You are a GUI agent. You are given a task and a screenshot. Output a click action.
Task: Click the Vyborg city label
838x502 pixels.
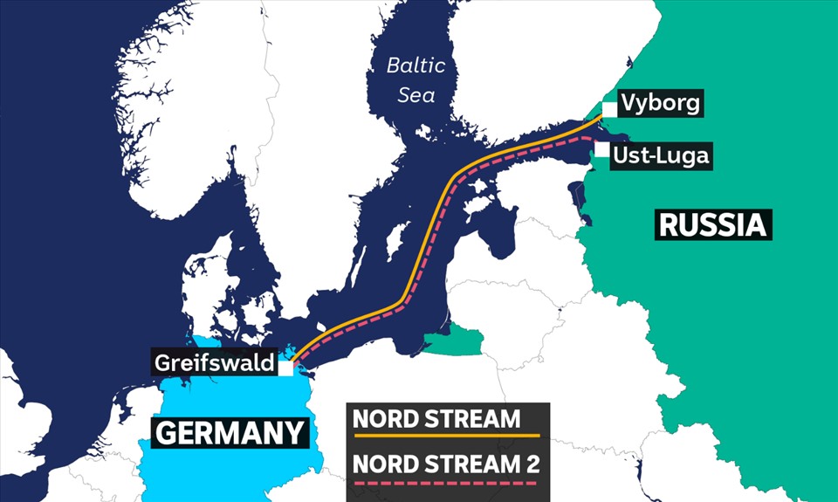[x=660, y=104]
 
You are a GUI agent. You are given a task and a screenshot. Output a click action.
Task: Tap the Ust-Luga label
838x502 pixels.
[x=660, y=156]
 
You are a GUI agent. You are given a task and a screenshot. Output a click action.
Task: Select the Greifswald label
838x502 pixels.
[x=215, y=361]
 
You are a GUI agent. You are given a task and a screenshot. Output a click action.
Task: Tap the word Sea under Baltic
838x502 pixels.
[x=416, y=94]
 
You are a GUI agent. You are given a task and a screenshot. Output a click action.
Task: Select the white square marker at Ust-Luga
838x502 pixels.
[x=602, y=150]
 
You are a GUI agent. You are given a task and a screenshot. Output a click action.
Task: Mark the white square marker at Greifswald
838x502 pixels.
[x=285, y=368]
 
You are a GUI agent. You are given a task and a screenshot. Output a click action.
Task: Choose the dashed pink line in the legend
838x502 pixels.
[x=446, y=482]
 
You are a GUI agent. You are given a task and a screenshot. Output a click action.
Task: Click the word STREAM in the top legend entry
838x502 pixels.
[x=477, y=418]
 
